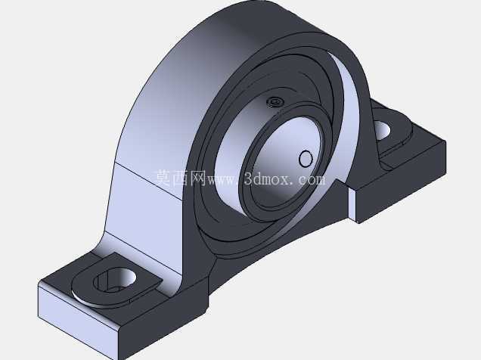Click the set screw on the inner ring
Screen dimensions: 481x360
coord(275,101)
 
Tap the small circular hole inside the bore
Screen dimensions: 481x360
coord(306,159)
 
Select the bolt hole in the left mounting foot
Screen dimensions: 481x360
coord(115,280)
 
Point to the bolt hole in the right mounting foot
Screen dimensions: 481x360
coord(382,130)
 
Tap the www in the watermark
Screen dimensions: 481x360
coord(222,180)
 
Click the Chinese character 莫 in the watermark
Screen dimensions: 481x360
coord(163,178)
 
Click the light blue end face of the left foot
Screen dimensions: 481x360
coord(76,319)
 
